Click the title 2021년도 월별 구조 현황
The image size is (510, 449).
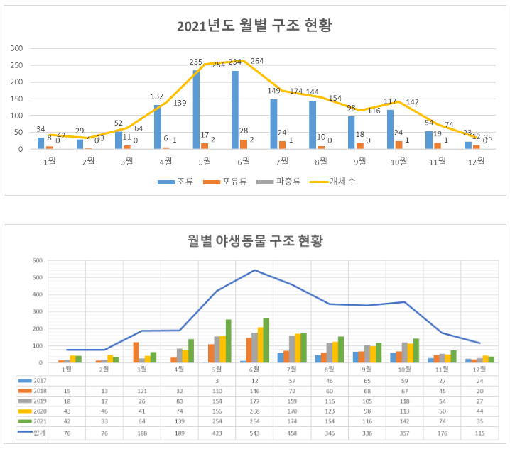pos(254,26)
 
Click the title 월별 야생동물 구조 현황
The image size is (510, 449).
pos(255,240)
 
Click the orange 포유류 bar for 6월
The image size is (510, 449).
pos(244,144)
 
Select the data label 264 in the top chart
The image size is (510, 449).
pos(256,61)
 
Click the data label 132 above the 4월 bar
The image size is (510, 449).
pos(158,97)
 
